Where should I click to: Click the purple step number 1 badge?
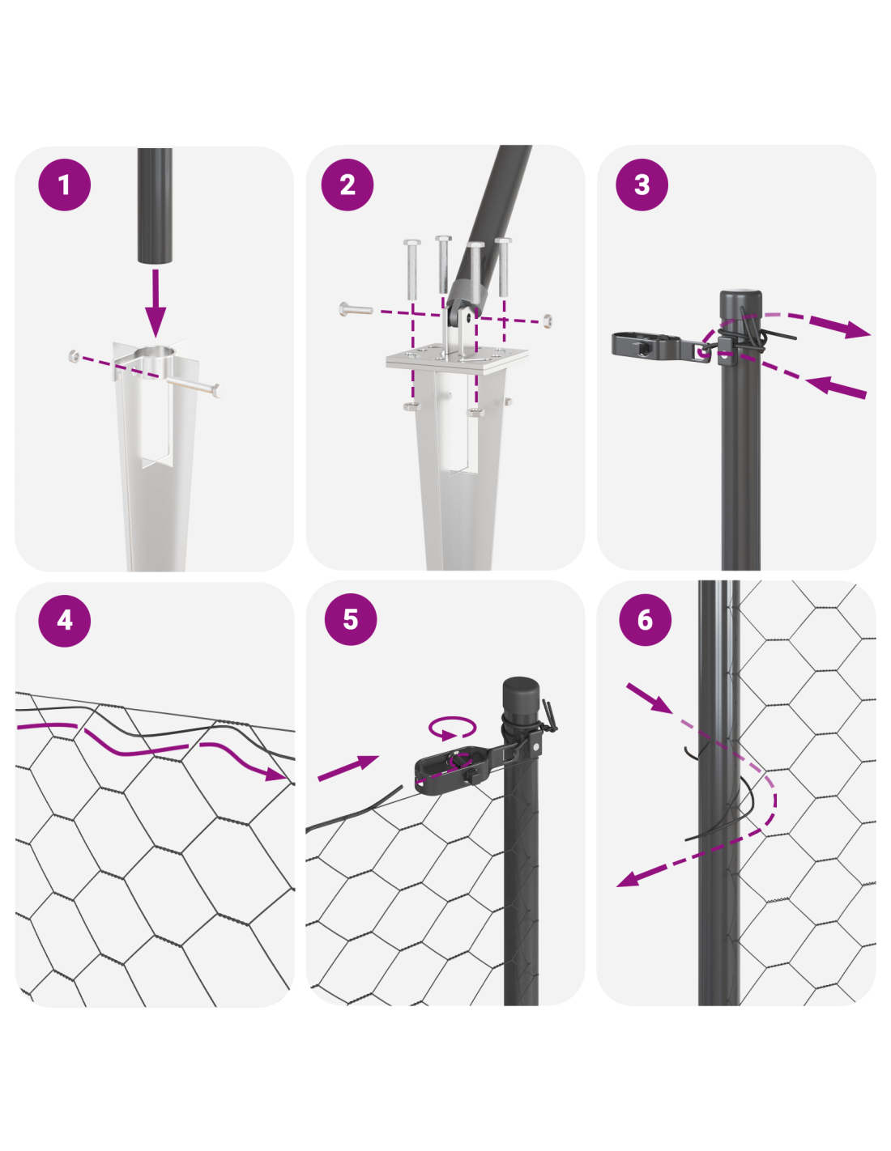64,185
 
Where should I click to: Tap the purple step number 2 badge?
347,185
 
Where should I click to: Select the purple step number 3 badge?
642,185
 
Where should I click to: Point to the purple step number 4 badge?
64,620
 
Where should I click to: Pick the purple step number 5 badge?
351,618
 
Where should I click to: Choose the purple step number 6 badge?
645,620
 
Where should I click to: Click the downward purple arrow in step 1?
156,303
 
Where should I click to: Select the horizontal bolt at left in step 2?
355,309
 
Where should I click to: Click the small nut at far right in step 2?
547,320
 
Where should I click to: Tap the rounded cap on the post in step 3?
740,301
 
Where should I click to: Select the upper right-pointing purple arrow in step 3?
840,327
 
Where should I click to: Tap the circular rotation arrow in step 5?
452,728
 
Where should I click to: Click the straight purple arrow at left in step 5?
348,767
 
